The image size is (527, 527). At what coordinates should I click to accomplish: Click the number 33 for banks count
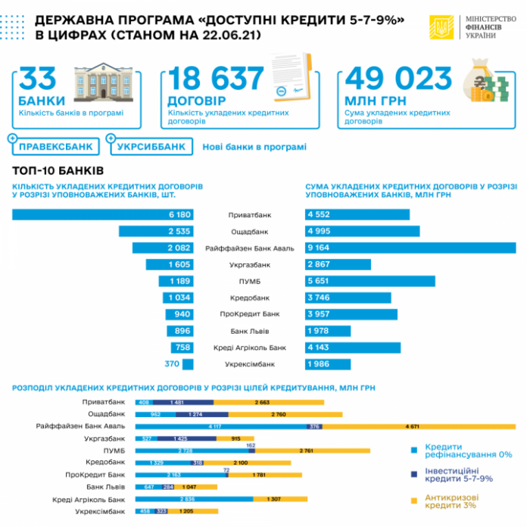[x=39, y=79]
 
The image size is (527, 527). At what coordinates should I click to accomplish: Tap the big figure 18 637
[x=215, y=79]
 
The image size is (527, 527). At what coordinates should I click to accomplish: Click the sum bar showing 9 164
[x=410, y=248]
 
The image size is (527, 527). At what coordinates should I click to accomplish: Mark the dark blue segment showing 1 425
[x=180, y=438]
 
